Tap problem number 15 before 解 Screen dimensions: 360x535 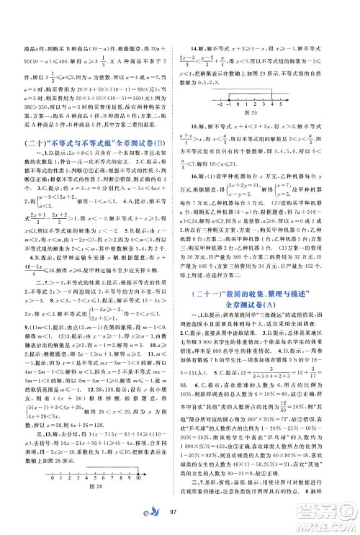tap(193, 123)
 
